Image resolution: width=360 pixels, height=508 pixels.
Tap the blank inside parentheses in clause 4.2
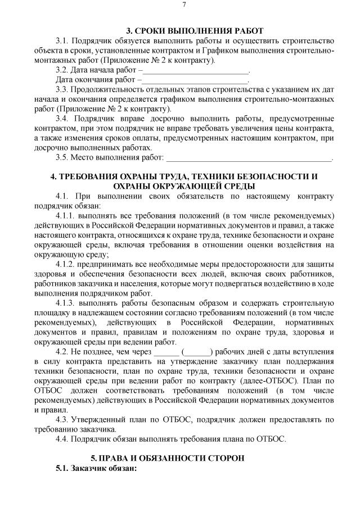[197, 351]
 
